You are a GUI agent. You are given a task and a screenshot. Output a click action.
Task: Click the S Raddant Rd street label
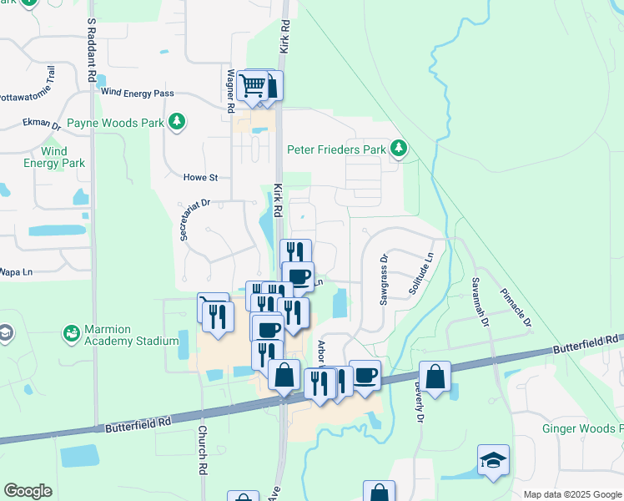coord(90,51)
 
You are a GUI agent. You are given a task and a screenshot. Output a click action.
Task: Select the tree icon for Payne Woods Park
coord(177,123)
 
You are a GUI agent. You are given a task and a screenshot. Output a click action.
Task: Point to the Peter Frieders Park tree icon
coord(400,149)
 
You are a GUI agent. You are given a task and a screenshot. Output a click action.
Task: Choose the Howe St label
coord(200,177)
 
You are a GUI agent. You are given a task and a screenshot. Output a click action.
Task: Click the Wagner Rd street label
coord(229,90)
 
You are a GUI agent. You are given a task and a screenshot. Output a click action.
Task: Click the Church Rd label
coord(202,453)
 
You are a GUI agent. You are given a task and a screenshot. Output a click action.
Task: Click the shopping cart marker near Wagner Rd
coord(252,85)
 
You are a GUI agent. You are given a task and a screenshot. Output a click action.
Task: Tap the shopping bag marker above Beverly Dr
coord(435,377)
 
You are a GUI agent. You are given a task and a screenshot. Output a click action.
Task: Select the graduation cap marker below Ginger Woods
coord(493,459)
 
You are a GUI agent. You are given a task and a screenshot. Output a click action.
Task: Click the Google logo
coord(28,491)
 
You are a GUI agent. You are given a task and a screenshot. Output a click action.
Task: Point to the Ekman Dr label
coord(42,124)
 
